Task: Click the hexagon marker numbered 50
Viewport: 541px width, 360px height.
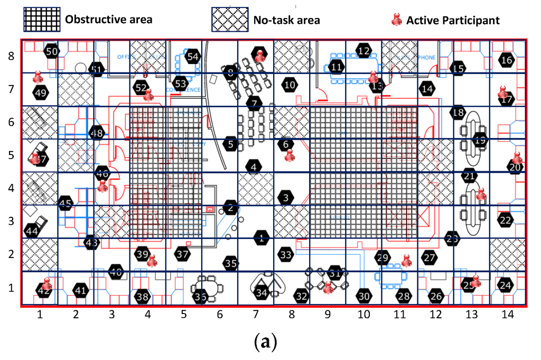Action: point(51,51)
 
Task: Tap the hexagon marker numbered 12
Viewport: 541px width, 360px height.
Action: point(363,51)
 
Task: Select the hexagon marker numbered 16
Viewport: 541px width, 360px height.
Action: point(507,60)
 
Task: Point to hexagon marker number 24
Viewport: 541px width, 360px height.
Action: point(506,285)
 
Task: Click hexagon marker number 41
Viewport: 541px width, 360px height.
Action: point(80,290)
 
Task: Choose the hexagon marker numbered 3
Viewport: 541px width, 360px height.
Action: point(286,198)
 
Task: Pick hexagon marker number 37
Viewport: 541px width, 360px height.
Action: point(183,254)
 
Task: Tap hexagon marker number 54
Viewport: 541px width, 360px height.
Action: point(193,57)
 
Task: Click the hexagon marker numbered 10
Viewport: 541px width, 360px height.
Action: point(289,85)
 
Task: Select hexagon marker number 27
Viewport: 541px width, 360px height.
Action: point(430,257)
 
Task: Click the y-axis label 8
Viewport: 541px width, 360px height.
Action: point(11,55)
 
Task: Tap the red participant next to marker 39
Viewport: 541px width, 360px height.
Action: point(152,260)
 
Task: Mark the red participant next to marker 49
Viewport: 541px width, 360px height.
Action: point(38,77)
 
